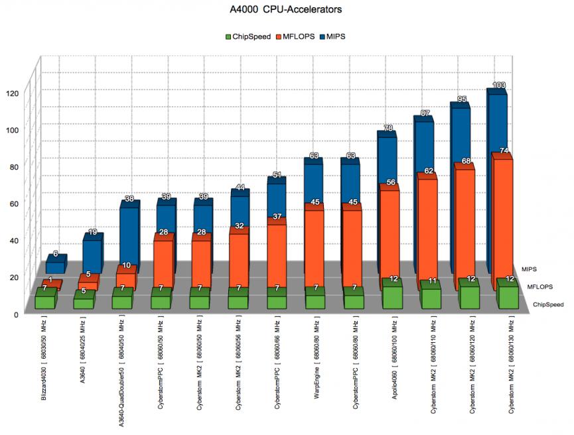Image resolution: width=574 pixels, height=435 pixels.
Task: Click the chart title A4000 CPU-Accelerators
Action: [287, 11]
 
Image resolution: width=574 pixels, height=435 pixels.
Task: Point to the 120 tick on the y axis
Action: [13, 93]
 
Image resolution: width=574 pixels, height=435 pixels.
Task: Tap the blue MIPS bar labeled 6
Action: [55, 267]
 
